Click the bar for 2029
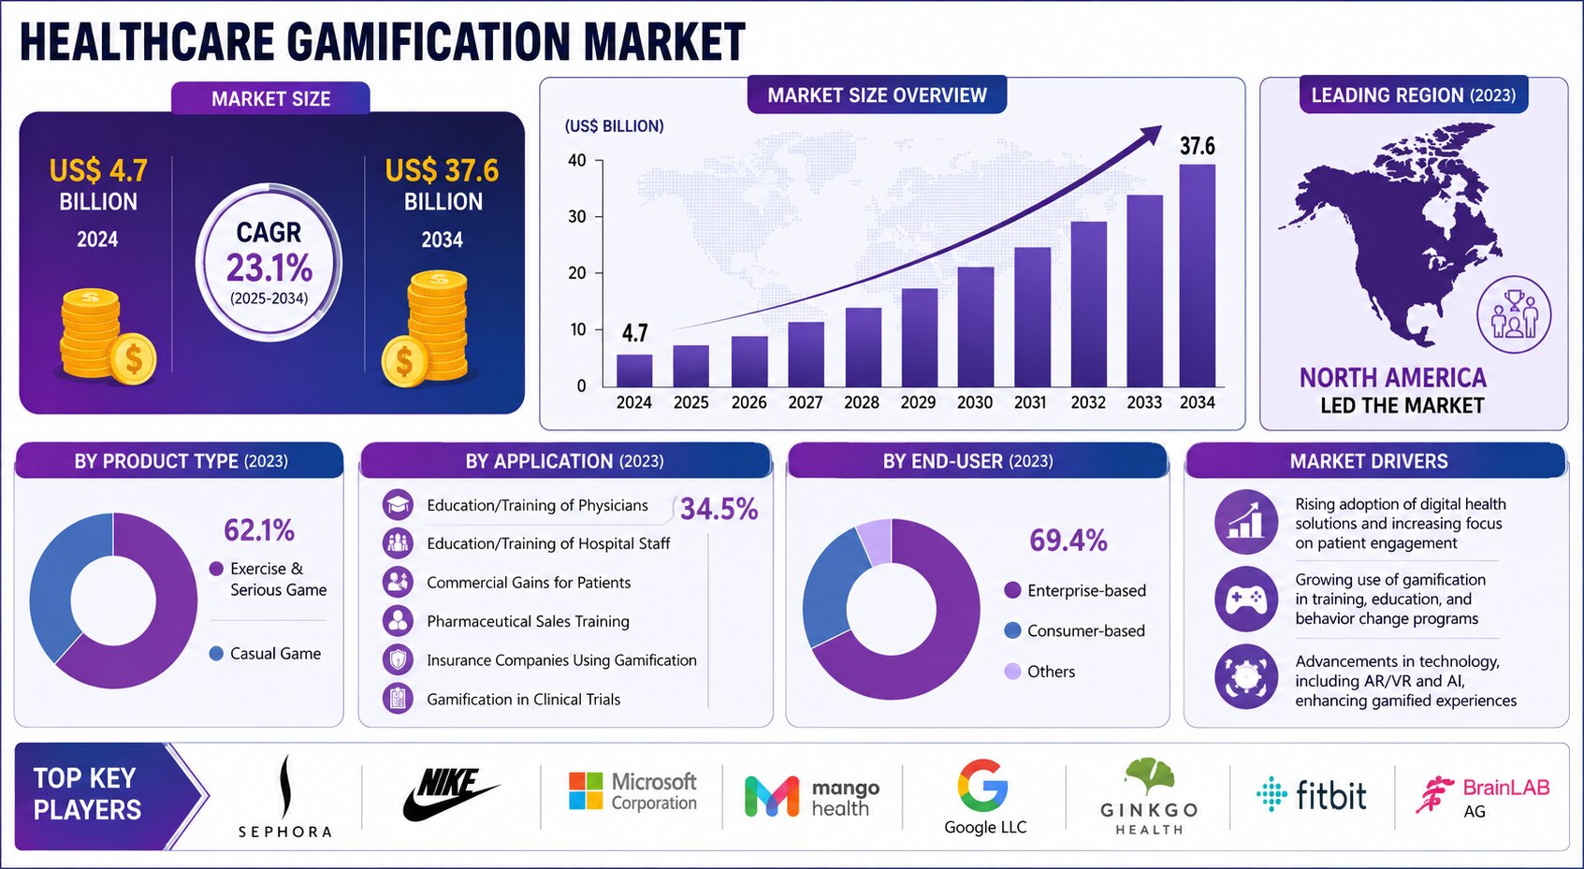[920, 338]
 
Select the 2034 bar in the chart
[1198, 276]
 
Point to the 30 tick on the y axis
[577, 216]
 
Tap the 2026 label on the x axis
[748, 402]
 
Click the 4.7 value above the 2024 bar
[634, 332]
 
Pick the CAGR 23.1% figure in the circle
[269, 268]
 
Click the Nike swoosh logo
[450, 795]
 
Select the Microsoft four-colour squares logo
[586, 790]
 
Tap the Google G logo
[983, 785]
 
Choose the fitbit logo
[1312, 794]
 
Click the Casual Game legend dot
[216, 653]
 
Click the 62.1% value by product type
[259, 530]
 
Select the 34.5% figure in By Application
[719, 509]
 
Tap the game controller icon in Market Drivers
[1246, 599]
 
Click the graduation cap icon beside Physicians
[398, 505]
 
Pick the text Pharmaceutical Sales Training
[528, 621]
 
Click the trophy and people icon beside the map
[1514, 314]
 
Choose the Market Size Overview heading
[877, 95]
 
